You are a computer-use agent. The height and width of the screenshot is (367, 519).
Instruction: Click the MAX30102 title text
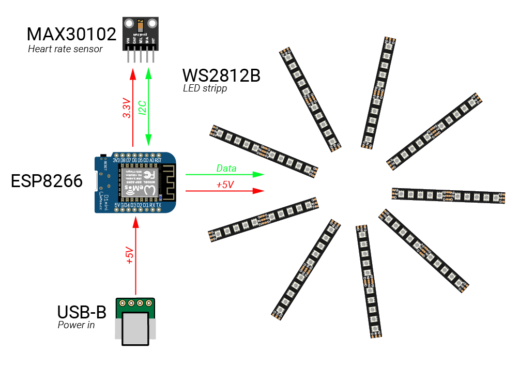[x=71, y=35]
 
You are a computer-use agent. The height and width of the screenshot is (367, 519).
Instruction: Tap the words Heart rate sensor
[x=65, y=49]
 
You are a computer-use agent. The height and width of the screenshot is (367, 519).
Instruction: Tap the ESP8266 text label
[x=47, y=181]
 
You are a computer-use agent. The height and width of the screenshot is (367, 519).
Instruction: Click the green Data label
[x=226, y=169]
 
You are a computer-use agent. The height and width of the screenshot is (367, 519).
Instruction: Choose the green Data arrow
[x=225, y=175]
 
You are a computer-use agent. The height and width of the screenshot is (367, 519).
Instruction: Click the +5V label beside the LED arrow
[x=225, y=185]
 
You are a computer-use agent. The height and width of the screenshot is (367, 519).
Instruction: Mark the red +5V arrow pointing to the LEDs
[x=225, y=191]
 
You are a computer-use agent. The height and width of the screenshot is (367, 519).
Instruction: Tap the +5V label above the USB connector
[x=130, y=256]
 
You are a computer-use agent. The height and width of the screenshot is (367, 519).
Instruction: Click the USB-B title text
[x=82, y=313]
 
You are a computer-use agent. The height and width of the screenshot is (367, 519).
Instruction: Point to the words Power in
[x=76, y=325]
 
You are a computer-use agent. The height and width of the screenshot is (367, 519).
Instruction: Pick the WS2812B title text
[x=221, y=76]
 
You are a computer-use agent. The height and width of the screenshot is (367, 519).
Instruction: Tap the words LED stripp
[x=205, y=88]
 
